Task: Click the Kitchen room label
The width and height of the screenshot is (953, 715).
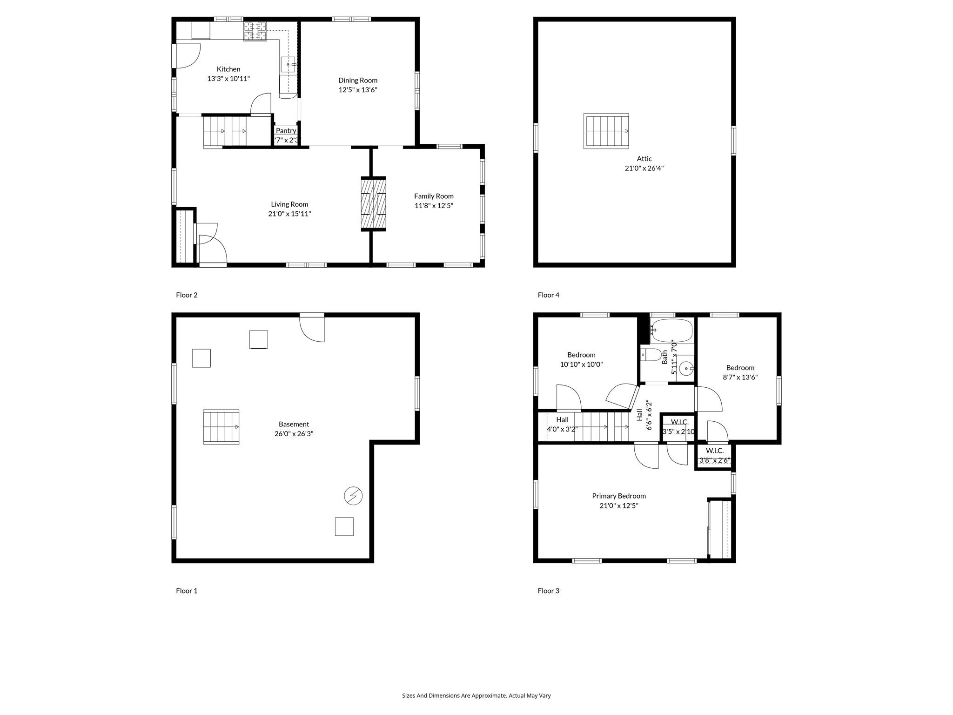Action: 228,69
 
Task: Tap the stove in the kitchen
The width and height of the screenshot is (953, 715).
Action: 255,32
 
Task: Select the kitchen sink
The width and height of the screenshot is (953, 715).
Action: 288,64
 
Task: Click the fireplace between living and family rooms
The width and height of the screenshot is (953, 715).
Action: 374,204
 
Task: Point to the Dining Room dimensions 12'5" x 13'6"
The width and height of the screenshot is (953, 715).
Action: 357,90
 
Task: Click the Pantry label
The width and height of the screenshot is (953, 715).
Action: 286,131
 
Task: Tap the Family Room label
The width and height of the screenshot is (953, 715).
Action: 434,196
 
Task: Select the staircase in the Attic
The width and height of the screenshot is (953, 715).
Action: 606,131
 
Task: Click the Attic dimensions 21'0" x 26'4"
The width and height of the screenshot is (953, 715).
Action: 644,169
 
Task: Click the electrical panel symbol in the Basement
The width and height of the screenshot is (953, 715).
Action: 353,496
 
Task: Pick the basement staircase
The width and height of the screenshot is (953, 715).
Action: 221,427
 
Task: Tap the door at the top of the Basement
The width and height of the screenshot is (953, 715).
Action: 312,328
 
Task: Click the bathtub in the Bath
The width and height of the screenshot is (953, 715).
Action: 671,331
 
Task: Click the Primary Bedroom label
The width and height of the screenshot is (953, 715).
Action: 619,496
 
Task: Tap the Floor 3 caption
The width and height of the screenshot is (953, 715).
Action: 549,591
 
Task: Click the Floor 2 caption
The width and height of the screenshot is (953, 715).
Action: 187,295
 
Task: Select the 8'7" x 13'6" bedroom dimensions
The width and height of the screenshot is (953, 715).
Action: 740,378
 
